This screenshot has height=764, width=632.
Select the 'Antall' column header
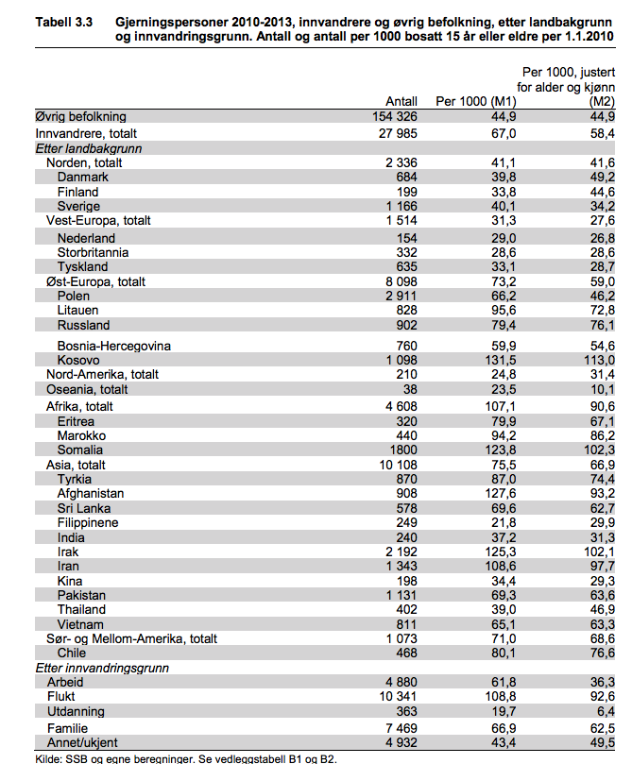[401, 102]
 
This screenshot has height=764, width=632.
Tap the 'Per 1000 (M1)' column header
[475, 102]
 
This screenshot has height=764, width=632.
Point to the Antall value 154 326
[395, 116]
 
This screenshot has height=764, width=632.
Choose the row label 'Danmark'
[82, 178]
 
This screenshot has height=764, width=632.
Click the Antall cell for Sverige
[400, 207]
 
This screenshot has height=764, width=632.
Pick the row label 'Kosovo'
[78, 360]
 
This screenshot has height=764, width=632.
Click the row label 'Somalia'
[81, 450]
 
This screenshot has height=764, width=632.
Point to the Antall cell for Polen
[400, 296]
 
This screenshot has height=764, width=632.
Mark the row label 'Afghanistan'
[91, 493]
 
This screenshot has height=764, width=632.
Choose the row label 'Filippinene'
[87, 522]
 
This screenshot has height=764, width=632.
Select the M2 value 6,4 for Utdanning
[605, 711]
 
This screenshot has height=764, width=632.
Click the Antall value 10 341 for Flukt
[397, 697]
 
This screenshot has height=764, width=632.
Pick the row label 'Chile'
[72, 653]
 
